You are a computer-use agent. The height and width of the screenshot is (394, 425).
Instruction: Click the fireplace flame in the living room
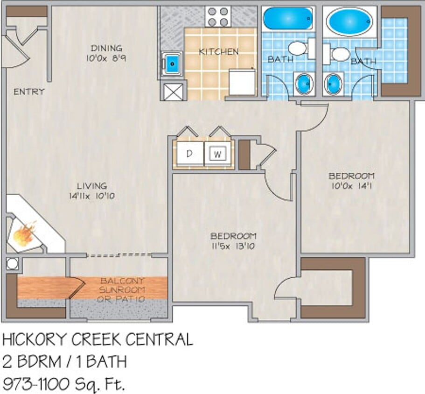(x=25, y=234)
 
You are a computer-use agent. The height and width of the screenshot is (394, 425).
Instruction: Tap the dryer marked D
(x=190, y=154)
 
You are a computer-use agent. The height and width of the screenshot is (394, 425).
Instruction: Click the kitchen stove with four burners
(x=217, y=17)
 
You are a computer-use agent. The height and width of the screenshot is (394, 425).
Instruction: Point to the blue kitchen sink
(x=172, y=63)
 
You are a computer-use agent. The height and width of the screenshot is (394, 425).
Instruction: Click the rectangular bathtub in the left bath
(x=287, y=19)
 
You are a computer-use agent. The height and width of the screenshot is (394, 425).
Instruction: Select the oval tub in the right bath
(x=349, y=21)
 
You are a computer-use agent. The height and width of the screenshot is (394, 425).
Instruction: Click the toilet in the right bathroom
(x=340, y=54)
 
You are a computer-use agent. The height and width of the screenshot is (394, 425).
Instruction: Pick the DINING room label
(x=107, y=48)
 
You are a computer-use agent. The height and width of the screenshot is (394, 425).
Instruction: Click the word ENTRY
(x=29, y=91)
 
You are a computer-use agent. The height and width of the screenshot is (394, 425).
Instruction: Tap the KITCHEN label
(x=219, y=52)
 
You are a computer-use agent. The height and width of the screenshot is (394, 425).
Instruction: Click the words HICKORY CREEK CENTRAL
(x=98, y=340)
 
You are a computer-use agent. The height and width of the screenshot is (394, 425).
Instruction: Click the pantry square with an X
(x=174, y=91)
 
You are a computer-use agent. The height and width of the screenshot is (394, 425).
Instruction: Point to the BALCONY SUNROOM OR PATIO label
(x=122, y=290)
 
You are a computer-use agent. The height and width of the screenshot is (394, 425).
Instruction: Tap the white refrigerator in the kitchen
(x=242, y=83)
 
